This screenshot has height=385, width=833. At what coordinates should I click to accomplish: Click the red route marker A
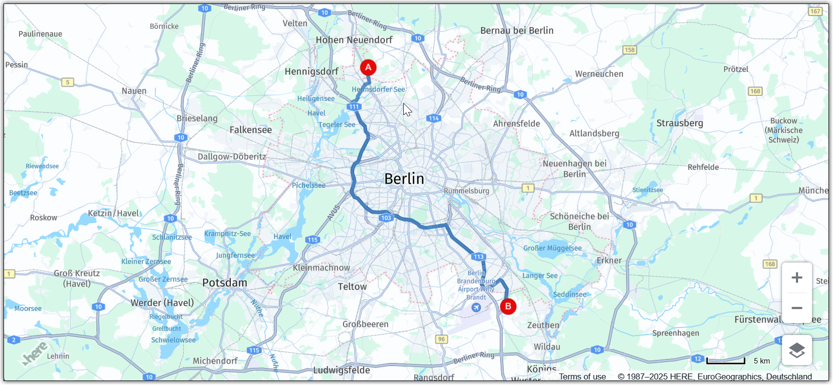pos(368,67)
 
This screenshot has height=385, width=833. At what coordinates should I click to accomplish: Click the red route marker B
pos(508,306)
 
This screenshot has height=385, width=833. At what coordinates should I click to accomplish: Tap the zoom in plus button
pos(797,277)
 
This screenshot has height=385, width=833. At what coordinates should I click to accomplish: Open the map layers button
pos(797,350)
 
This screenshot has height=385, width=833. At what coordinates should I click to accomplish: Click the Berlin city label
pos(404,179)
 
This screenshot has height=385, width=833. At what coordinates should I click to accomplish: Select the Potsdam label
pos(225,283)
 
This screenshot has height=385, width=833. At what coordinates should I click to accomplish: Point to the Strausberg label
pos(680,123)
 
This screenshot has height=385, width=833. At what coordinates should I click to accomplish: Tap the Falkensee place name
pos(251,130)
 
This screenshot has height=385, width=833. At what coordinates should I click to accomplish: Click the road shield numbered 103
pos(386,218)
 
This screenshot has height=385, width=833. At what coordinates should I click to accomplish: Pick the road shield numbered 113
pos(478,257)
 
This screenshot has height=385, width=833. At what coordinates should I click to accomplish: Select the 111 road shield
pos(354,106)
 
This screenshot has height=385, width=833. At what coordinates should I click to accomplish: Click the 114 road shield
pos(433,118)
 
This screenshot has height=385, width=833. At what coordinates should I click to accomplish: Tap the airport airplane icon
pos(476,307)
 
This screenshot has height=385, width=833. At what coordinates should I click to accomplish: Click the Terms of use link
pos(582,376)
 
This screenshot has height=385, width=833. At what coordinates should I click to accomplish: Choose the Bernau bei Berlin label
pos(517,30)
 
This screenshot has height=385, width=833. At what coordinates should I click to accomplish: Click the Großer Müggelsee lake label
pos(552,248)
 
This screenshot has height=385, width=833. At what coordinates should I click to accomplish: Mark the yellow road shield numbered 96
pos(441,339)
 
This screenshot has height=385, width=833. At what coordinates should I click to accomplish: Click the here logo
pos(35,353)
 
